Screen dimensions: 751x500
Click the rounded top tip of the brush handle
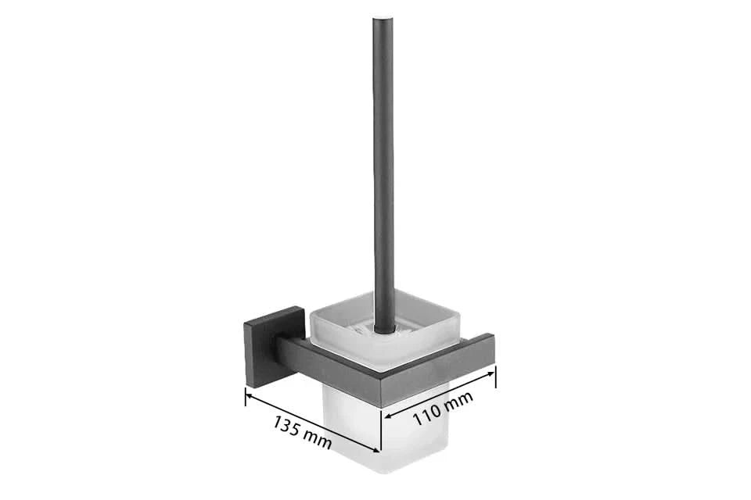click(x=382, y=19)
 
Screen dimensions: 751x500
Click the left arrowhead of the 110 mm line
click(x=388, y=416)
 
